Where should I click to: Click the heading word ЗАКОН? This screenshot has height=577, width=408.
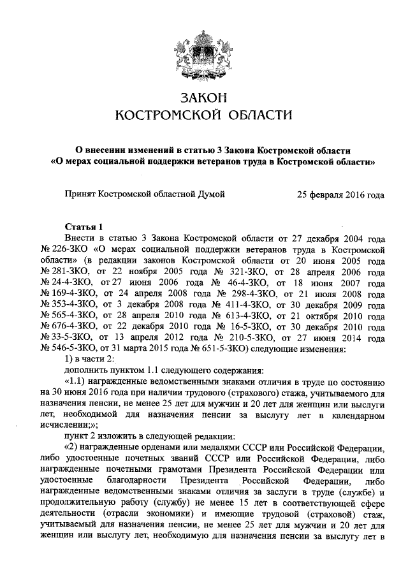[x=203, y=98]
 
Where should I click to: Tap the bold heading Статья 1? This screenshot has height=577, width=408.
[x=84, y=226]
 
